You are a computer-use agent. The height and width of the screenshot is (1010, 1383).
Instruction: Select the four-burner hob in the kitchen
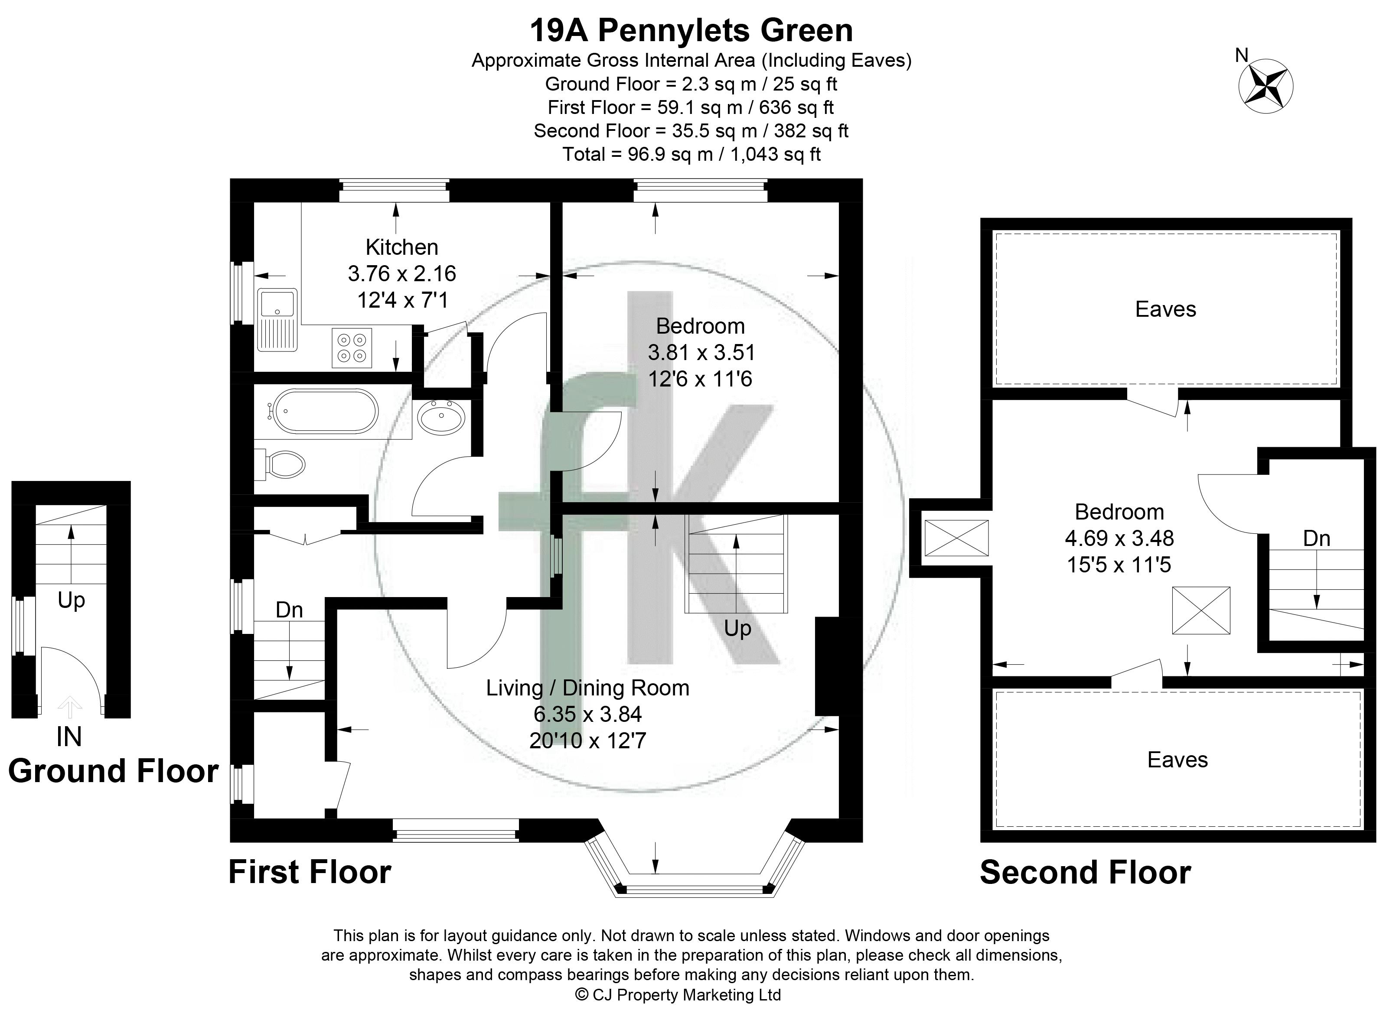click(x=352, y=348)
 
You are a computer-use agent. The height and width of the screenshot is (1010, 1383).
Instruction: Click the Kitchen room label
click(x=402, y=247)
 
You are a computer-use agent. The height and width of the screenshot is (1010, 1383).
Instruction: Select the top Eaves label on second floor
click(x=1165, y=309)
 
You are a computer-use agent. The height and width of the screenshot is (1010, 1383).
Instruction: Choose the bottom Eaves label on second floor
click(x=1178, y=760)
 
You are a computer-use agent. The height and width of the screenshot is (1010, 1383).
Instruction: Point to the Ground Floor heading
click(x=113, y=771)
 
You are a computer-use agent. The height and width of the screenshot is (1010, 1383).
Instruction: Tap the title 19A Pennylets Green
click(x=691, y=31)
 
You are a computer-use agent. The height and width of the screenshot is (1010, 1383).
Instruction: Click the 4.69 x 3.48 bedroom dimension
click(x=1119, y=538)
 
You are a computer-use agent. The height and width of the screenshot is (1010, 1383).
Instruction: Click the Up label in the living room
click(x=738, y=629)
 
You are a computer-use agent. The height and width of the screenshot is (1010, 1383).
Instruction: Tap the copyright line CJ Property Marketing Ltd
click(x=678, y=995)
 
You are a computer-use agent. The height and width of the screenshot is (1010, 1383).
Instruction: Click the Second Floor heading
click(x=1085, y=873)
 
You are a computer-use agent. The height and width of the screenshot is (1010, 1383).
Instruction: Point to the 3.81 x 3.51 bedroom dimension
click(x=701, y=352)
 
